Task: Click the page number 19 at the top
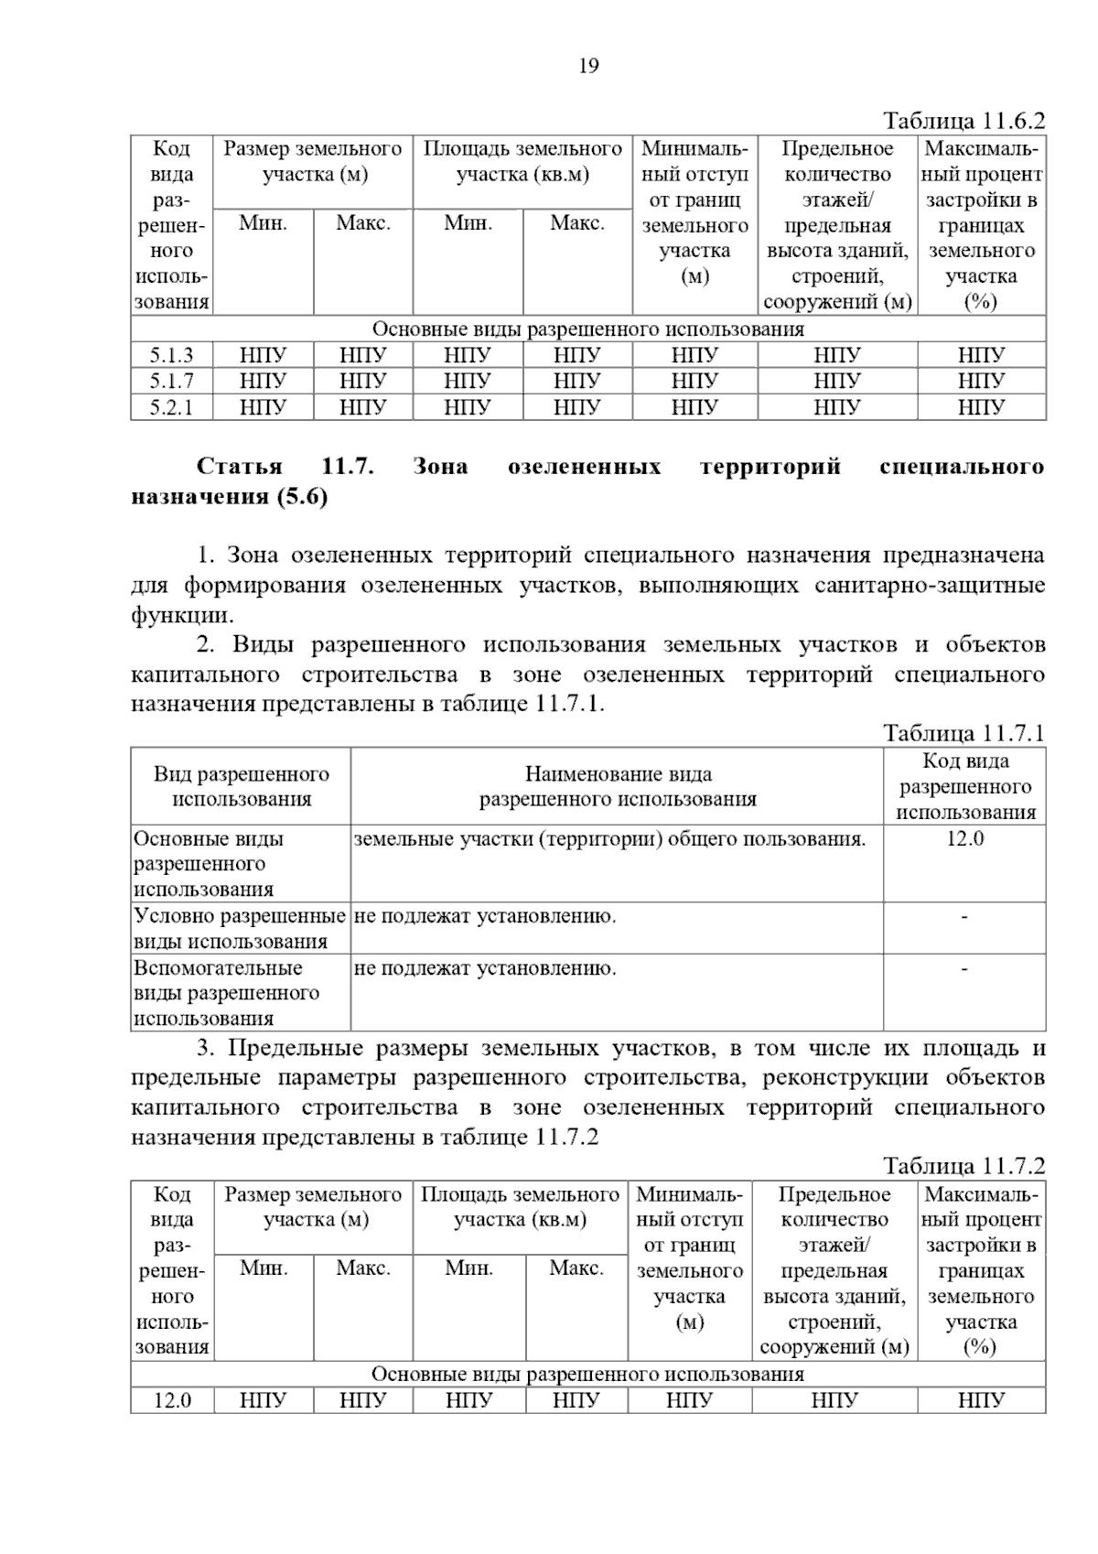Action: (588, 66)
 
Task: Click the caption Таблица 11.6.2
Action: (963, 121)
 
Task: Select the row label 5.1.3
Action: (172, 355)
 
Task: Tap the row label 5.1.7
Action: (172, 381)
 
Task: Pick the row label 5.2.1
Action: (172, 406)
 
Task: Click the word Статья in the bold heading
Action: (240, 467)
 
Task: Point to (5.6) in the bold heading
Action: (302, 497)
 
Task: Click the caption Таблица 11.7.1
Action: (963, 733)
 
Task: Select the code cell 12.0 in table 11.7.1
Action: (964, 838)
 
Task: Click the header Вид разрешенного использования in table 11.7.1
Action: (242, 786)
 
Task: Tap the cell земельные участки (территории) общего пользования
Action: (609, 838)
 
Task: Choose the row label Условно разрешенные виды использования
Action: (240, 928)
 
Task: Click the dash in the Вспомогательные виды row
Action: (964, 968)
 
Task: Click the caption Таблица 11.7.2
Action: (963, 1166)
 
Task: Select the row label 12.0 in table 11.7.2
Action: (172, 1400)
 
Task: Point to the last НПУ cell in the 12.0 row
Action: (981, 1400)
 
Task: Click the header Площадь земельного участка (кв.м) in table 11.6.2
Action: (522, 161)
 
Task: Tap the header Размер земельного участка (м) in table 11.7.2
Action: (314, 1206)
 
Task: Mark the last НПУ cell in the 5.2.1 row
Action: (981, 406)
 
